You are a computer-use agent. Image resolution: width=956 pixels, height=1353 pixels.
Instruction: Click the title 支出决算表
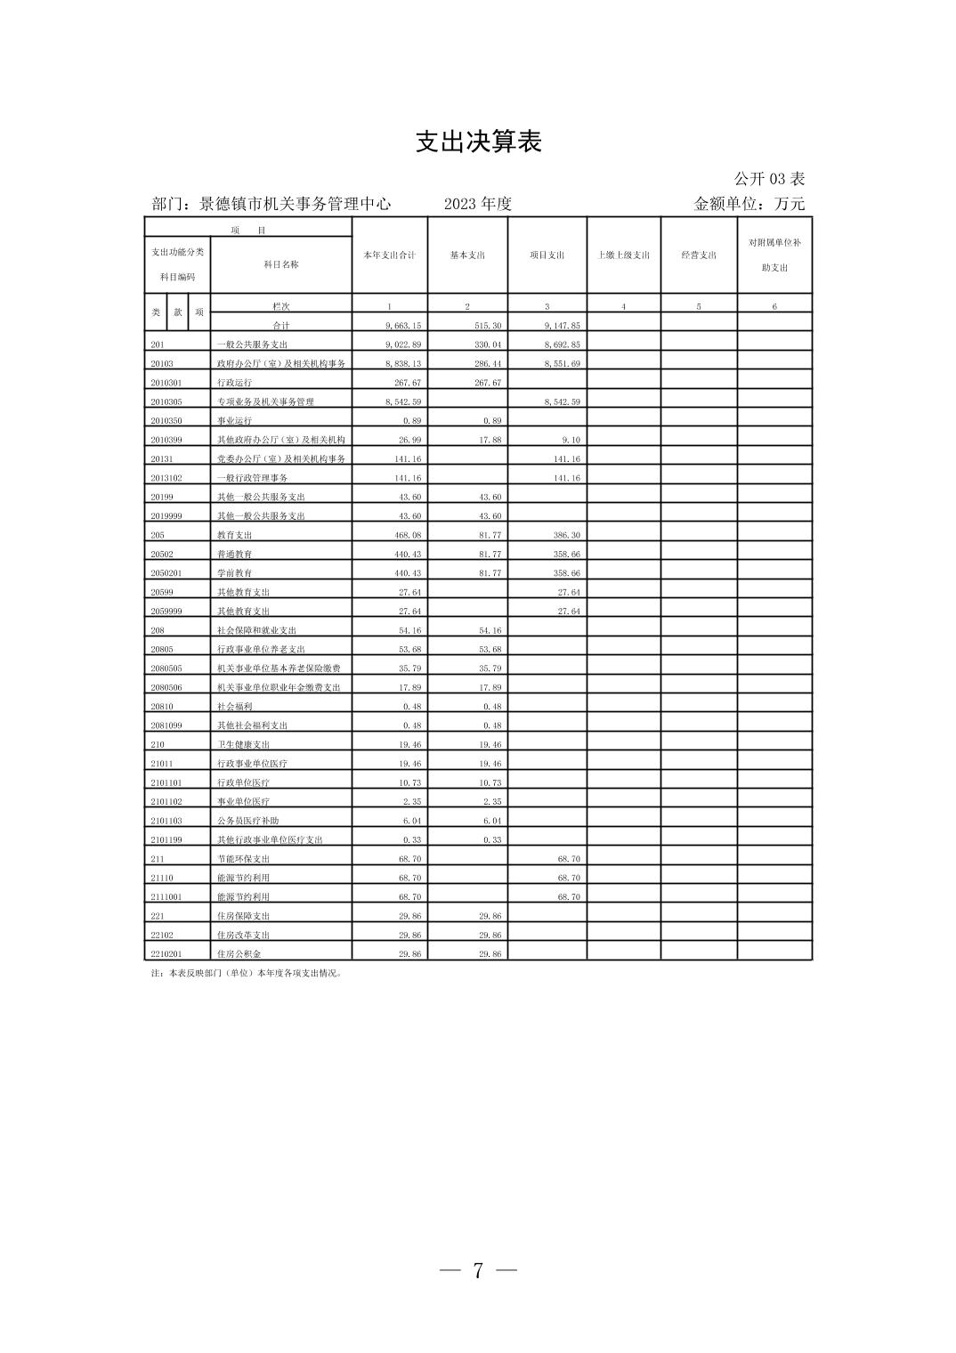coord(478,142)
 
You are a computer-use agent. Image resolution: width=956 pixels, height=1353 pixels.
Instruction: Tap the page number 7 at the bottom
coord(478,1270)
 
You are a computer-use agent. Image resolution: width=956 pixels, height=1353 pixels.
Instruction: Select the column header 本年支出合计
coord(389,255)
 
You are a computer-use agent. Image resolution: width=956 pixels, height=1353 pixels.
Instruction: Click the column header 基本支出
coord(467,255)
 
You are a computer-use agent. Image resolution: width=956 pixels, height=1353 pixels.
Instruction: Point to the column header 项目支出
coord(547,255)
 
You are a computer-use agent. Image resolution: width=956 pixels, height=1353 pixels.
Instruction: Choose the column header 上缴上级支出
coord(623,255)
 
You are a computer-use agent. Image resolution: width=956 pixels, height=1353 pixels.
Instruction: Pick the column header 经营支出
coord(699,255)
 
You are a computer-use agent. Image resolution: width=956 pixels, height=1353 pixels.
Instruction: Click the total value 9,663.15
coord(403,326)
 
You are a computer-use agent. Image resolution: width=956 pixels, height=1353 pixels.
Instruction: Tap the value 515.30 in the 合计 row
coord(488,326)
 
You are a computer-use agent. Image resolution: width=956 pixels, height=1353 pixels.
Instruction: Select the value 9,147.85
coord(563,326)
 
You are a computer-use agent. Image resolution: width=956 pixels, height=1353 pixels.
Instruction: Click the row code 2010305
coord(166,402)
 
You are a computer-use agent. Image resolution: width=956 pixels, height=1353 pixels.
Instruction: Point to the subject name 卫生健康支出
coord(244,745)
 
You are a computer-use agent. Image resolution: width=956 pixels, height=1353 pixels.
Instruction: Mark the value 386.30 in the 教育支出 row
coord(567,535)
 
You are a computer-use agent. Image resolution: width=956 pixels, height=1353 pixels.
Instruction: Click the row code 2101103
coord(166,821)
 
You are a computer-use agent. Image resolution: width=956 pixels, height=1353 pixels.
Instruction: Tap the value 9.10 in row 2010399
coord(571,440)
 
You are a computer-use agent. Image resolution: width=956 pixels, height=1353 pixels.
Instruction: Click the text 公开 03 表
coord(769,179)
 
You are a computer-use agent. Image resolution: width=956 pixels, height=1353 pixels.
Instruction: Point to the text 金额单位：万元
coord(749,204)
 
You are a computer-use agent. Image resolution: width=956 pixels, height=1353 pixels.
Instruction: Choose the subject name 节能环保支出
coord(244,859)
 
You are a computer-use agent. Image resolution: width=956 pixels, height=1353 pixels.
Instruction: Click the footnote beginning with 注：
coord(247,973)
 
